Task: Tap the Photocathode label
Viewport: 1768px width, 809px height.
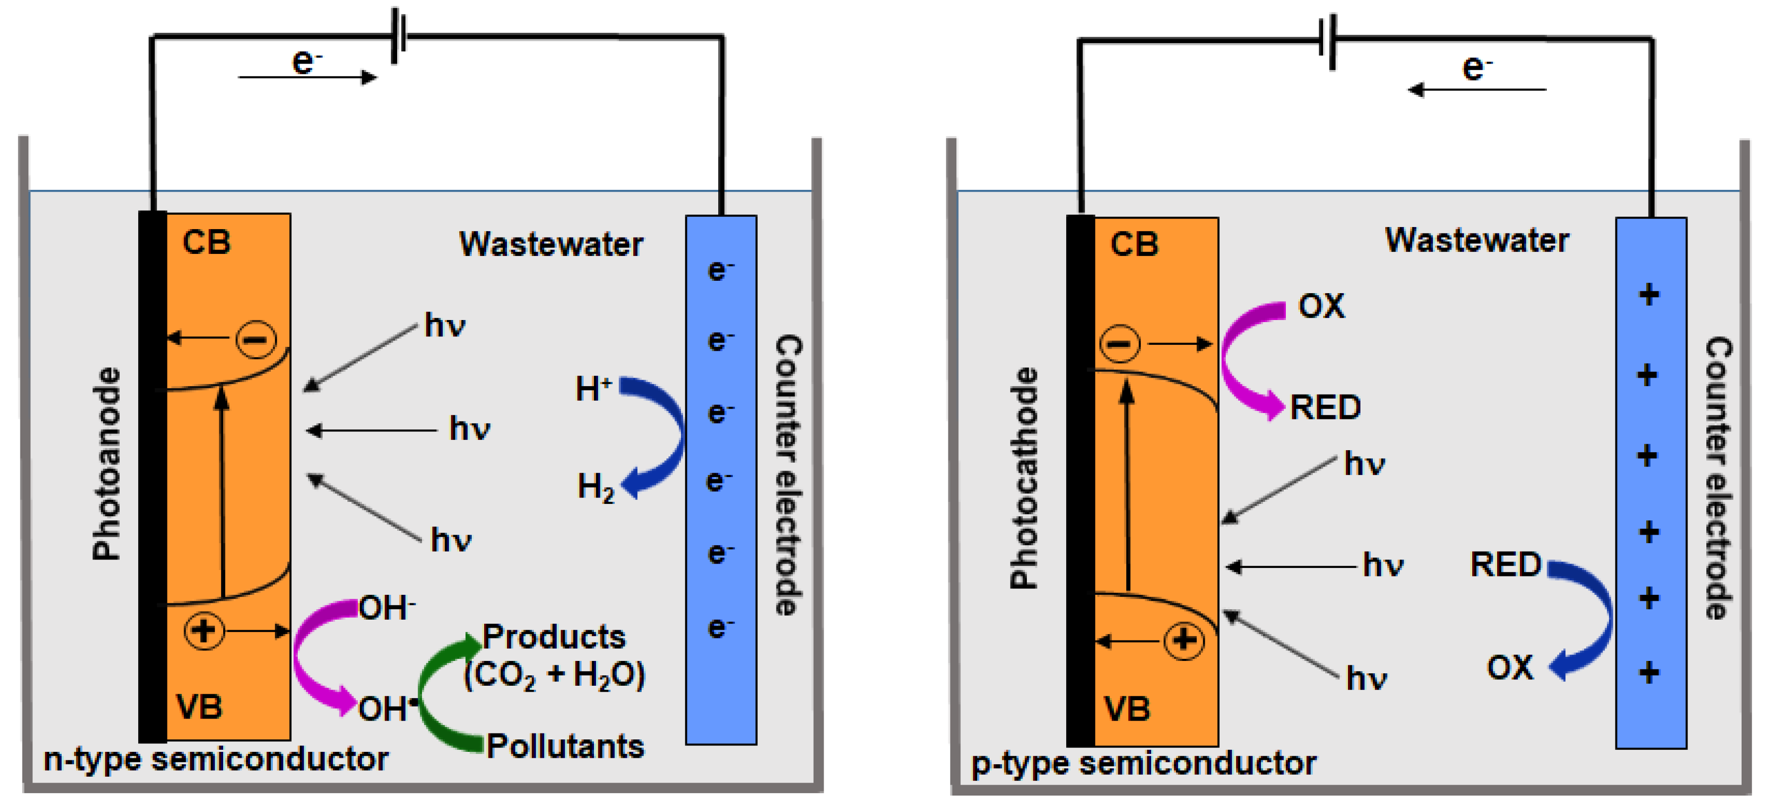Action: coord(1023,478)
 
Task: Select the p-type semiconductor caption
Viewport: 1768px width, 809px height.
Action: coord(1143,763)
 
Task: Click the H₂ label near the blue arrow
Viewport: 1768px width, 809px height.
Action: coord(595,487)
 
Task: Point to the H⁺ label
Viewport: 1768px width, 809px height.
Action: coord(593,389)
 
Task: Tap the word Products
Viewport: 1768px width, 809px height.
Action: coord(554,637)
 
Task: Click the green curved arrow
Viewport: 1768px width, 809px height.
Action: coord(432,693)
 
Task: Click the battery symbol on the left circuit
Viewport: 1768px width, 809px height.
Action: coord(399,36)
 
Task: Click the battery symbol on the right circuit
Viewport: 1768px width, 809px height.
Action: coord(1328,41)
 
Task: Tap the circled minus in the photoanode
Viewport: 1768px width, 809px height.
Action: coord(256,339)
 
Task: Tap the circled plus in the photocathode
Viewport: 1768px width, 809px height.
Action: coord(1184,641)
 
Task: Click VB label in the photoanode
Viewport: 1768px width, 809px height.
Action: coord(199,707)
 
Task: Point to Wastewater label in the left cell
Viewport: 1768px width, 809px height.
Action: coord(551,244)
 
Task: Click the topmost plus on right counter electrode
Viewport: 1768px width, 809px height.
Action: coord(1649,295)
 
